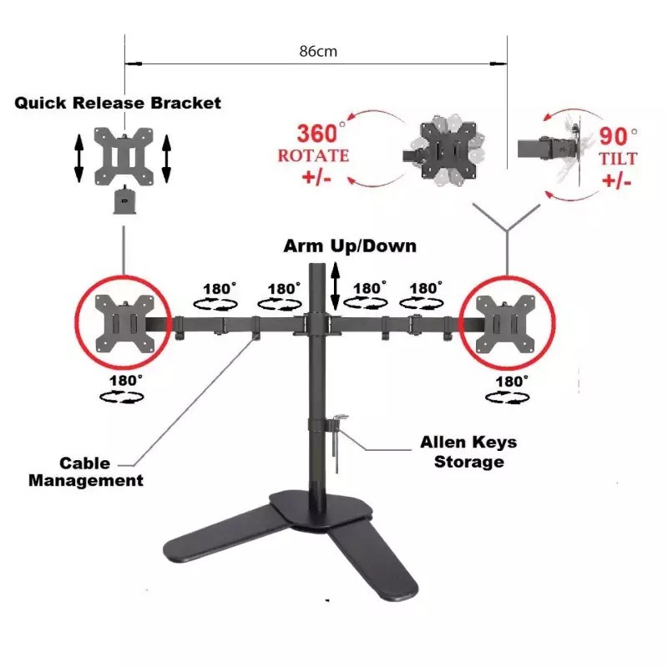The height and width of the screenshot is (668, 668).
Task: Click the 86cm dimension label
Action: [317, 51]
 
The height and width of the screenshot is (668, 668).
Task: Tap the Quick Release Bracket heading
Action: [118, 103]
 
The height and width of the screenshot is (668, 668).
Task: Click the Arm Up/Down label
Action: [349, 246]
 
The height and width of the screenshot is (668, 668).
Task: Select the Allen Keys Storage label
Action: [468, 452]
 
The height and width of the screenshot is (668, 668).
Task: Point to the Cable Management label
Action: [86, 472]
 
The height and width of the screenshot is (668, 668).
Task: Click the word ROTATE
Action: [313, 156]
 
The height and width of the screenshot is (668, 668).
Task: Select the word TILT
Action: [619, 158]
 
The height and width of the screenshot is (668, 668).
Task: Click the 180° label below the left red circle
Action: [121, 389]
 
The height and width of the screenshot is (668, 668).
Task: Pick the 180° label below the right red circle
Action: [508, 389]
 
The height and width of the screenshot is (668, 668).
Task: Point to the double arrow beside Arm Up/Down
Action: [336, 286]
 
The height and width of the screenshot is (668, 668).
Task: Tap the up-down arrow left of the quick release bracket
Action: [78, 158]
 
